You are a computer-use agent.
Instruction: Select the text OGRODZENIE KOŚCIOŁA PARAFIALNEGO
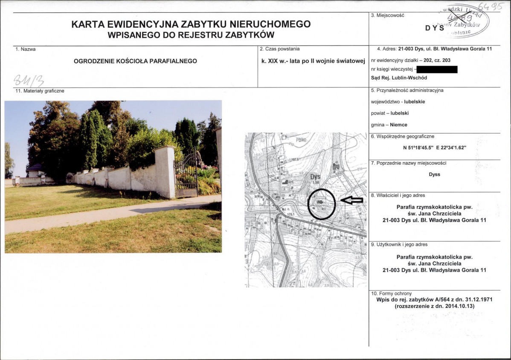pyautogui.click(x=135, y=61)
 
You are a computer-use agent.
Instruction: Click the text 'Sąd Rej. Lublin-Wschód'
pyautogui.click(x=399, y=78)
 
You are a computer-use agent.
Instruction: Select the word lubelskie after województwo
pyautogui.click(x=414, y=102)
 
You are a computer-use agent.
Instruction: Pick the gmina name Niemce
pyautogui.click(x=398, y=125)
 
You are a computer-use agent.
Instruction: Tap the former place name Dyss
pyautogui.click(x=434, y=174)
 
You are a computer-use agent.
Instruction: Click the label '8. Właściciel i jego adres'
pyautogui.click(x=398, y=195)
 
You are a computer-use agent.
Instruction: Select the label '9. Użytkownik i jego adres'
pyautogui.click(x=399, y=244)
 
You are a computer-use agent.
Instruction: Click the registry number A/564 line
pyautogui.click(x=434, y=299)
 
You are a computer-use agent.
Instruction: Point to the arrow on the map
pyautogui.click(x=352, y=200)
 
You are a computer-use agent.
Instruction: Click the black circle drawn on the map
pyautogui.click(x=322, y=204)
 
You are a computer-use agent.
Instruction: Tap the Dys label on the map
pyautogui.click(x=315, y=177)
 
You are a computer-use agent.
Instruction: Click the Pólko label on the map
pyautogui.click(x=301, y=139)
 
